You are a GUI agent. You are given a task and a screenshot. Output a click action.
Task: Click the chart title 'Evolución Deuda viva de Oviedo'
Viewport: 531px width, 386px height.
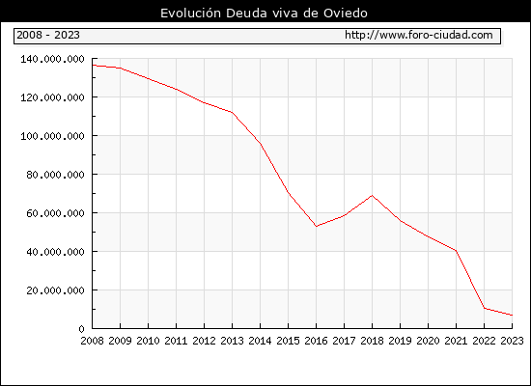(x=264, y=13)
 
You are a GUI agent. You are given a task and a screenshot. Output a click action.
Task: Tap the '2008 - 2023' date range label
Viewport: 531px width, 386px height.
(x=48, y=35)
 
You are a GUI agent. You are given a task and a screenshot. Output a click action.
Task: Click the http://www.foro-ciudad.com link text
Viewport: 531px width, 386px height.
(x=419, y=35)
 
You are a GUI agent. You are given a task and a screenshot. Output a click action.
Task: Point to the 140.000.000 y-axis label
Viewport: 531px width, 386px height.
(x=52, y=59)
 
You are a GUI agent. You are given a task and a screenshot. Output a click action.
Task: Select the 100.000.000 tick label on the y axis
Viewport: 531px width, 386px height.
(x=52, y=136)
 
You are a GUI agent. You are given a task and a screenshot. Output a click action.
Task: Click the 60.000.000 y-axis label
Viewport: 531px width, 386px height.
(x=55, y=213)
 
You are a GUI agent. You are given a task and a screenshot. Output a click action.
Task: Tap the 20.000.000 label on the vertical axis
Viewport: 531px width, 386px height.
(x=55, y=290)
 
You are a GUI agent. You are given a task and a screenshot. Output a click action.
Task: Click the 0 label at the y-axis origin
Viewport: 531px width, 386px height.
(x=81, y=329)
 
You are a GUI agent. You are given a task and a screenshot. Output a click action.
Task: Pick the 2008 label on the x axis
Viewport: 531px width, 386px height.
(x=92, y=341)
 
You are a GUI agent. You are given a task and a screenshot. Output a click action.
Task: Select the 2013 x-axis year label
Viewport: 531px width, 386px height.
(x=232, y=341)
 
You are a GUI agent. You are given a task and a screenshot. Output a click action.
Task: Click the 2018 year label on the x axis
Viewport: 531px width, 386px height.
(x=372, y=341)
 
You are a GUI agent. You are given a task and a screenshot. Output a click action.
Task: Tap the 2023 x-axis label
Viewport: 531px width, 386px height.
(x=512, y=341)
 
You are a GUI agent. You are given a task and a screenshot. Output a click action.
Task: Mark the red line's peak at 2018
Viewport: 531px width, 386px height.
(x=372, y=195)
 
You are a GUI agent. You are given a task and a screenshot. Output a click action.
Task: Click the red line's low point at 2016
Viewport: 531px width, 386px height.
(x=316, y=226)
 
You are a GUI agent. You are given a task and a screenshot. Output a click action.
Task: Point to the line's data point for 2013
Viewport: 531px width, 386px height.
(x=232, y=112)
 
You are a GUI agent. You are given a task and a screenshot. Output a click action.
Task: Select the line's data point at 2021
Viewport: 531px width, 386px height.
(x=456, y=251)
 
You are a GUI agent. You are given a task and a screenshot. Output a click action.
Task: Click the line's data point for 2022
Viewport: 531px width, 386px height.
(x=485, y=308)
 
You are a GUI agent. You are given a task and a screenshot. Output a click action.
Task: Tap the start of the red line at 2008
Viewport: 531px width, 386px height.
(x=93, y=65)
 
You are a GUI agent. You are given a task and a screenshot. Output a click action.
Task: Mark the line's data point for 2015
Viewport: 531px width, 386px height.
(x=289, y=192)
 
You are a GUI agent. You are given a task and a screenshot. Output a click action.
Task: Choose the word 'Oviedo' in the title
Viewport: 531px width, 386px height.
(x=346, y=13)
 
